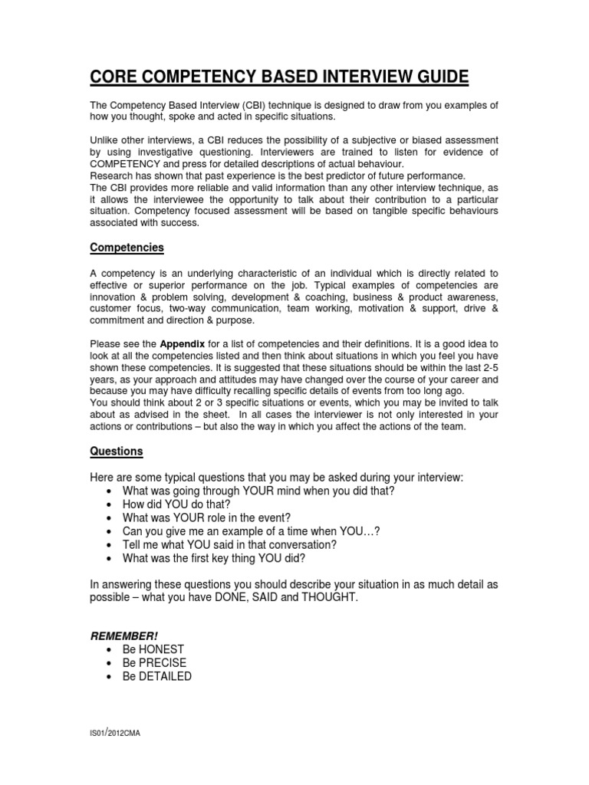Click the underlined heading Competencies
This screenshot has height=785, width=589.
point(127,248)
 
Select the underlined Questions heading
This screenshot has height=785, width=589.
point(117,452)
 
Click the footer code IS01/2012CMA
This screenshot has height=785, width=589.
point(115,734)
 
